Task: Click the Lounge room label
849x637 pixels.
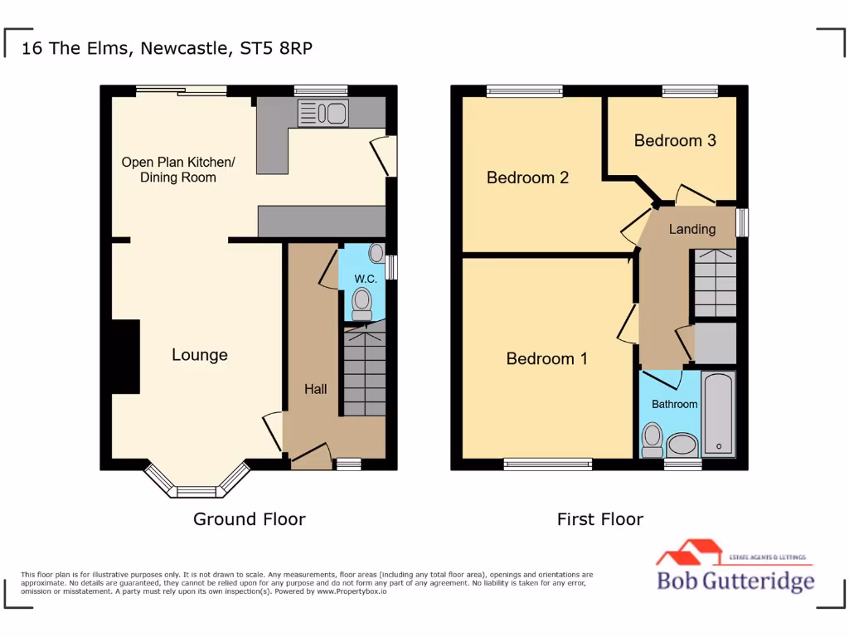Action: pyautogui.click(x=200, y=355)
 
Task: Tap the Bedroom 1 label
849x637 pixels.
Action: pyautogui.click(x=546, y=358)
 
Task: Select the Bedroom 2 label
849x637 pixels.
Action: pyautogui.click(x=527, y=177)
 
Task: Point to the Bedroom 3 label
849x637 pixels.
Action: pyautogui.click(x=675, y=140)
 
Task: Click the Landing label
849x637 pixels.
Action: pyautogui.click(x=692, y=229)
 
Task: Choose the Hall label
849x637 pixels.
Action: pyautogui.click(x=315, y=389)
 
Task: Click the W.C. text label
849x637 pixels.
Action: pyautogui.click(x=366, y=280)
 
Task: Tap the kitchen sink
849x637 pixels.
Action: pyautogui.click(x=322, y=113)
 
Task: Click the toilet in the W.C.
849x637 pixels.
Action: pyautogui.click(x=362, y=304)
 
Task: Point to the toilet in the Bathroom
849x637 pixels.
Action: pyautogui.click(x=652, y=440)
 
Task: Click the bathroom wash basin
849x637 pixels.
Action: pyautogui.click(x=682, y=445)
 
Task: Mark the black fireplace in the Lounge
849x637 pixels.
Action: pyautogui.click(x=125, y=356)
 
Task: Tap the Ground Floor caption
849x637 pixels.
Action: pyautogui.click(x=250, y=519)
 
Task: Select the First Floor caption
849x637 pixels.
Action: pyautogui.click(x=600, y=519)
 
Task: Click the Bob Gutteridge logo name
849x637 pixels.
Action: pyautogui.click(x=735, y=580)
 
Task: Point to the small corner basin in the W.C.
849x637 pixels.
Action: pyautogui.click(x=376, y=252)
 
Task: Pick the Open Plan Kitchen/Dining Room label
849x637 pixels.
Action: pyautogui.click(x=178, y=169)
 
